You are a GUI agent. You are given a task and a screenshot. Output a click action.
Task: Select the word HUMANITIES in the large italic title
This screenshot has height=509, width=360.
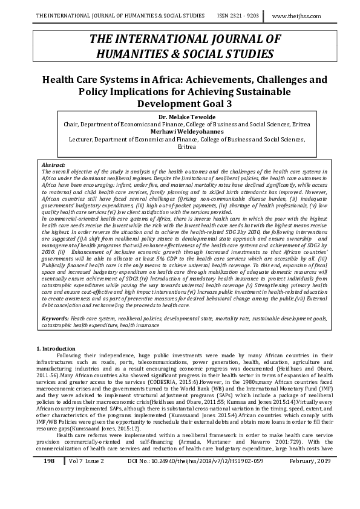(133, 54)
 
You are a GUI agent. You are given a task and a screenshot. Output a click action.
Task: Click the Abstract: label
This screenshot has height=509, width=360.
(52, 164)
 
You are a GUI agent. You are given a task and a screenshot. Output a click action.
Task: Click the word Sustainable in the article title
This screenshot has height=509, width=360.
(251, 92)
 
